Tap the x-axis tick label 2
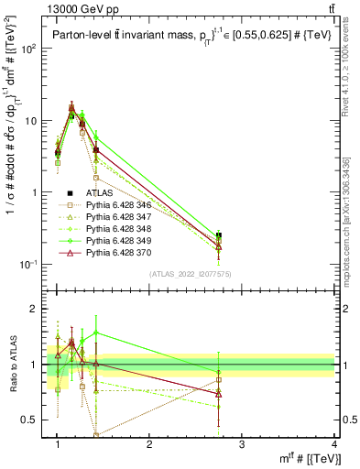point(149,446)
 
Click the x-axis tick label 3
point(242,446)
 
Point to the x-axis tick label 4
point(333,446)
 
